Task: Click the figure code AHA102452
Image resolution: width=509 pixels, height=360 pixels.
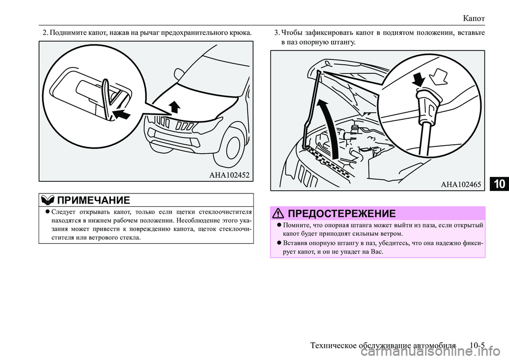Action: click(229, 175)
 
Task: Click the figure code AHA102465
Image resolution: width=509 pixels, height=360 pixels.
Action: click(461, 185)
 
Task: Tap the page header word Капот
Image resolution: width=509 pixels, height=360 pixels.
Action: click(474, 18)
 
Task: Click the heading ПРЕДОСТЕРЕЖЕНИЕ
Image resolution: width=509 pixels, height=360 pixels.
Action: click(342, 213)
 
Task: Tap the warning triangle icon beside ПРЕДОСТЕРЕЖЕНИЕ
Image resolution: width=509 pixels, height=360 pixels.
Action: click(279, 213)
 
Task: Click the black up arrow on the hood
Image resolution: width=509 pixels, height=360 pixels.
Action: click(174, 107)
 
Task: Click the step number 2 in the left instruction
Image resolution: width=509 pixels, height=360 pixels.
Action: click(45, 33)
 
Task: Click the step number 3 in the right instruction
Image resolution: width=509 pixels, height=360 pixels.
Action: click(276, 33)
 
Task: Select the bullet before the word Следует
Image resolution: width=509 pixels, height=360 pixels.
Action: click(48, 212)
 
